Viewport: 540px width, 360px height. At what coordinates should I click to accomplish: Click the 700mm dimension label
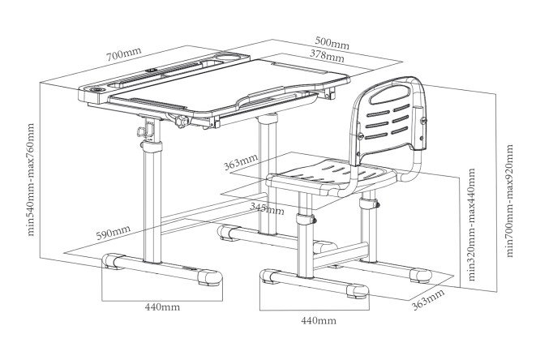point(123,54)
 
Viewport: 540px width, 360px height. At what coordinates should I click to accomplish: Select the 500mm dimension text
point(332,43)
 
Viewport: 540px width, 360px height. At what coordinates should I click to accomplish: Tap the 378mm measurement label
point(327,55)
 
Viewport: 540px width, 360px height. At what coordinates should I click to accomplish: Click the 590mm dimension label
point(113,232)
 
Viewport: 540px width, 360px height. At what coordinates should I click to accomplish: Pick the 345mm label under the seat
point(268,208)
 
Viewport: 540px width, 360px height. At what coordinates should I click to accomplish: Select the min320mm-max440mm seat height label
point(471,225)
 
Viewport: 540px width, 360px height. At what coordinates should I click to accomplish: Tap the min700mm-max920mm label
point(509,200)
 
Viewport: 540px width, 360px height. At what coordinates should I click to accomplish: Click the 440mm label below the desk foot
point(162,306)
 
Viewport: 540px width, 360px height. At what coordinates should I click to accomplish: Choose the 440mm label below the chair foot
point(319,320)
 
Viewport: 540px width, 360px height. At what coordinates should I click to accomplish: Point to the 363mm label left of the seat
point(241,162)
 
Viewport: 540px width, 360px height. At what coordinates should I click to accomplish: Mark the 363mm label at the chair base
point(428,300)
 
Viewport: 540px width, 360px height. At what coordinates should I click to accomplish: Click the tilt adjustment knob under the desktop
point(182,122)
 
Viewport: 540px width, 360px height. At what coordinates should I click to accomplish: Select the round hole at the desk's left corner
point(96,89)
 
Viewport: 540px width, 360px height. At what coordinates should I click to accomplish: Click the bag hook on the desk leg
point(142,131)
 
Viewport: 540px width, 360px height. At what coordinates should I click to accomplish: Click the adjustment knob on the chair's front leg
point(313,221)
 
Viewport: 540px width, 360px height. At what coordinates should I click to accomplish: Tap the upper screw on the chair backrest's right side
point(423,120)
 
